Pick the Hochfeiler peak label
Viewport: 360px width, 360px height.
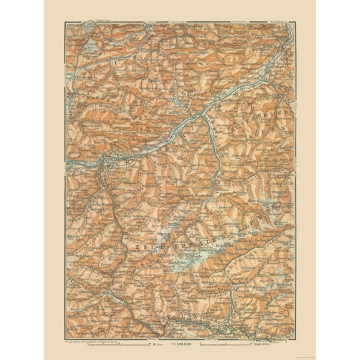pyautogui.click(x=162, y=263)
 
